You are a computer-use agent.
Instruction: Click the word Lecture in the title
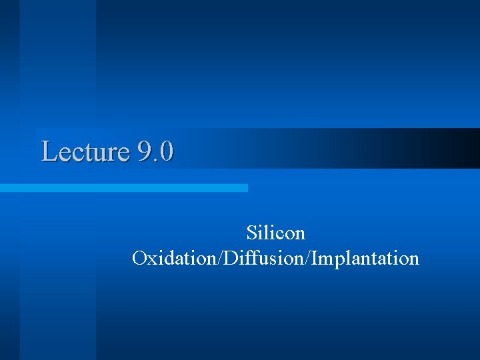click(x=85, y=151)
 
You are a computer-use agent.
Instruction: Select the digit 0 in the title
click(x=167, y=151)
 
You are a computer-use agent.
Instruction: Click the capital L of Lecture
click(x=49, y=151)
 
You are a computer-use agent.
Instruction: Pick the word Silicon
click(x=275, y=233)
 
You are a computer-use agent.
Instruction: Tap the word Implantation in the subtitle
click(x=364, y=258)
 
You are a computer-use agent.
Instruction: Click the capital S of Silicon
click(x=251, y=233)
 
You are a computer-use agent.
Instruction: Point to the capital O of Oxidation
click(x=139, y=258)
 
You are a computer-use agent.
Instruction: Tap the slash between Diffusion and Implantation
click(x=305, y=258)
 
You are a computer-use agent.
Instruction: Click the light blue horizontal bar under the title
click(x=123, y=188)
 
